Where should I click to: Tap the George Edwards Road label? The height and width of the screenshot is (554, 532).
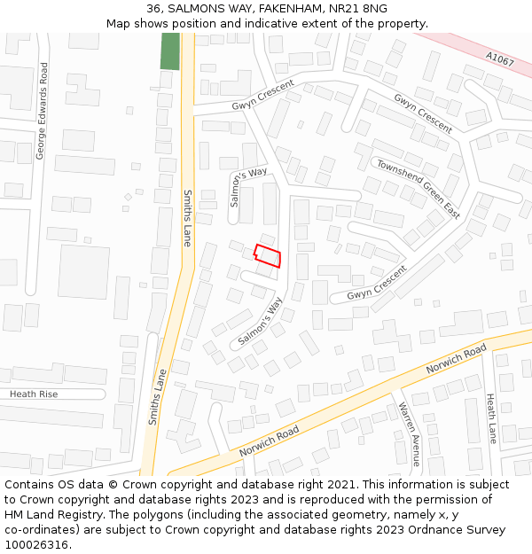tap(41, 112)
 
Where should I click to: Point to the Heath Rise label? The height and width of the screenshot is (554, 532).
tap(34, 394)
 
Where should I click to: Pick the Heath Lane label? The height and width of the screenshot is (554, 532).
tap(490, 419)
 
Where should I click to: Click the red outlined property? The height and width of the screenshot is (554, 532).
tap(268, 255)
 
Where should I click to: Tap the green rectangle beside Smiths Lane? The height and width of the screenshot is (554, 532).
tap(169, 51)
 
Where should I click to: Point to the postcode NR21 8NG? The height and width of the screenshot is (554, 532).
tap(363, 9)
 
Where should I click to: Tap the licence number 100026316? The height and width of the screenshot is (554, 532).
tap(37, 545)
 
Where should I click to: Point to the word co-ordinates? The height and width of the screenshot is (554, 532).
tap(42, 530)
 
